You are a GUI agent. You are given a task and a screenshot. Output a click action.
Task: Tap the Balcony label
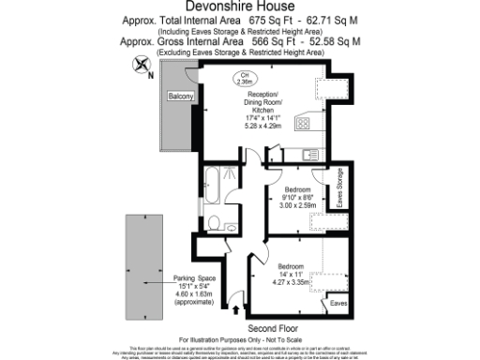click(181, 97)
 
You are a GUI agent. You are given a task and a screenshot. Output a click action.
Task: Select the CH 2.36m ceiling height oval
click(245, 80)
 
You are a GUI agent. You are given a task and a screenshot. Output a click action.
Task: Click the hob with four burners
click(304, 123)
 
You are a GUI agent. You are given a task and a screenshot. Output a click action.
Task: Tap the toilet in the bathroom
click(215, 223)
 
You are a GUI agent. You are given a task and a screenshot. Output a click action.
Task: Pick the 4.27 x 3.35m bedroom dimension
click(292, 278)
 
